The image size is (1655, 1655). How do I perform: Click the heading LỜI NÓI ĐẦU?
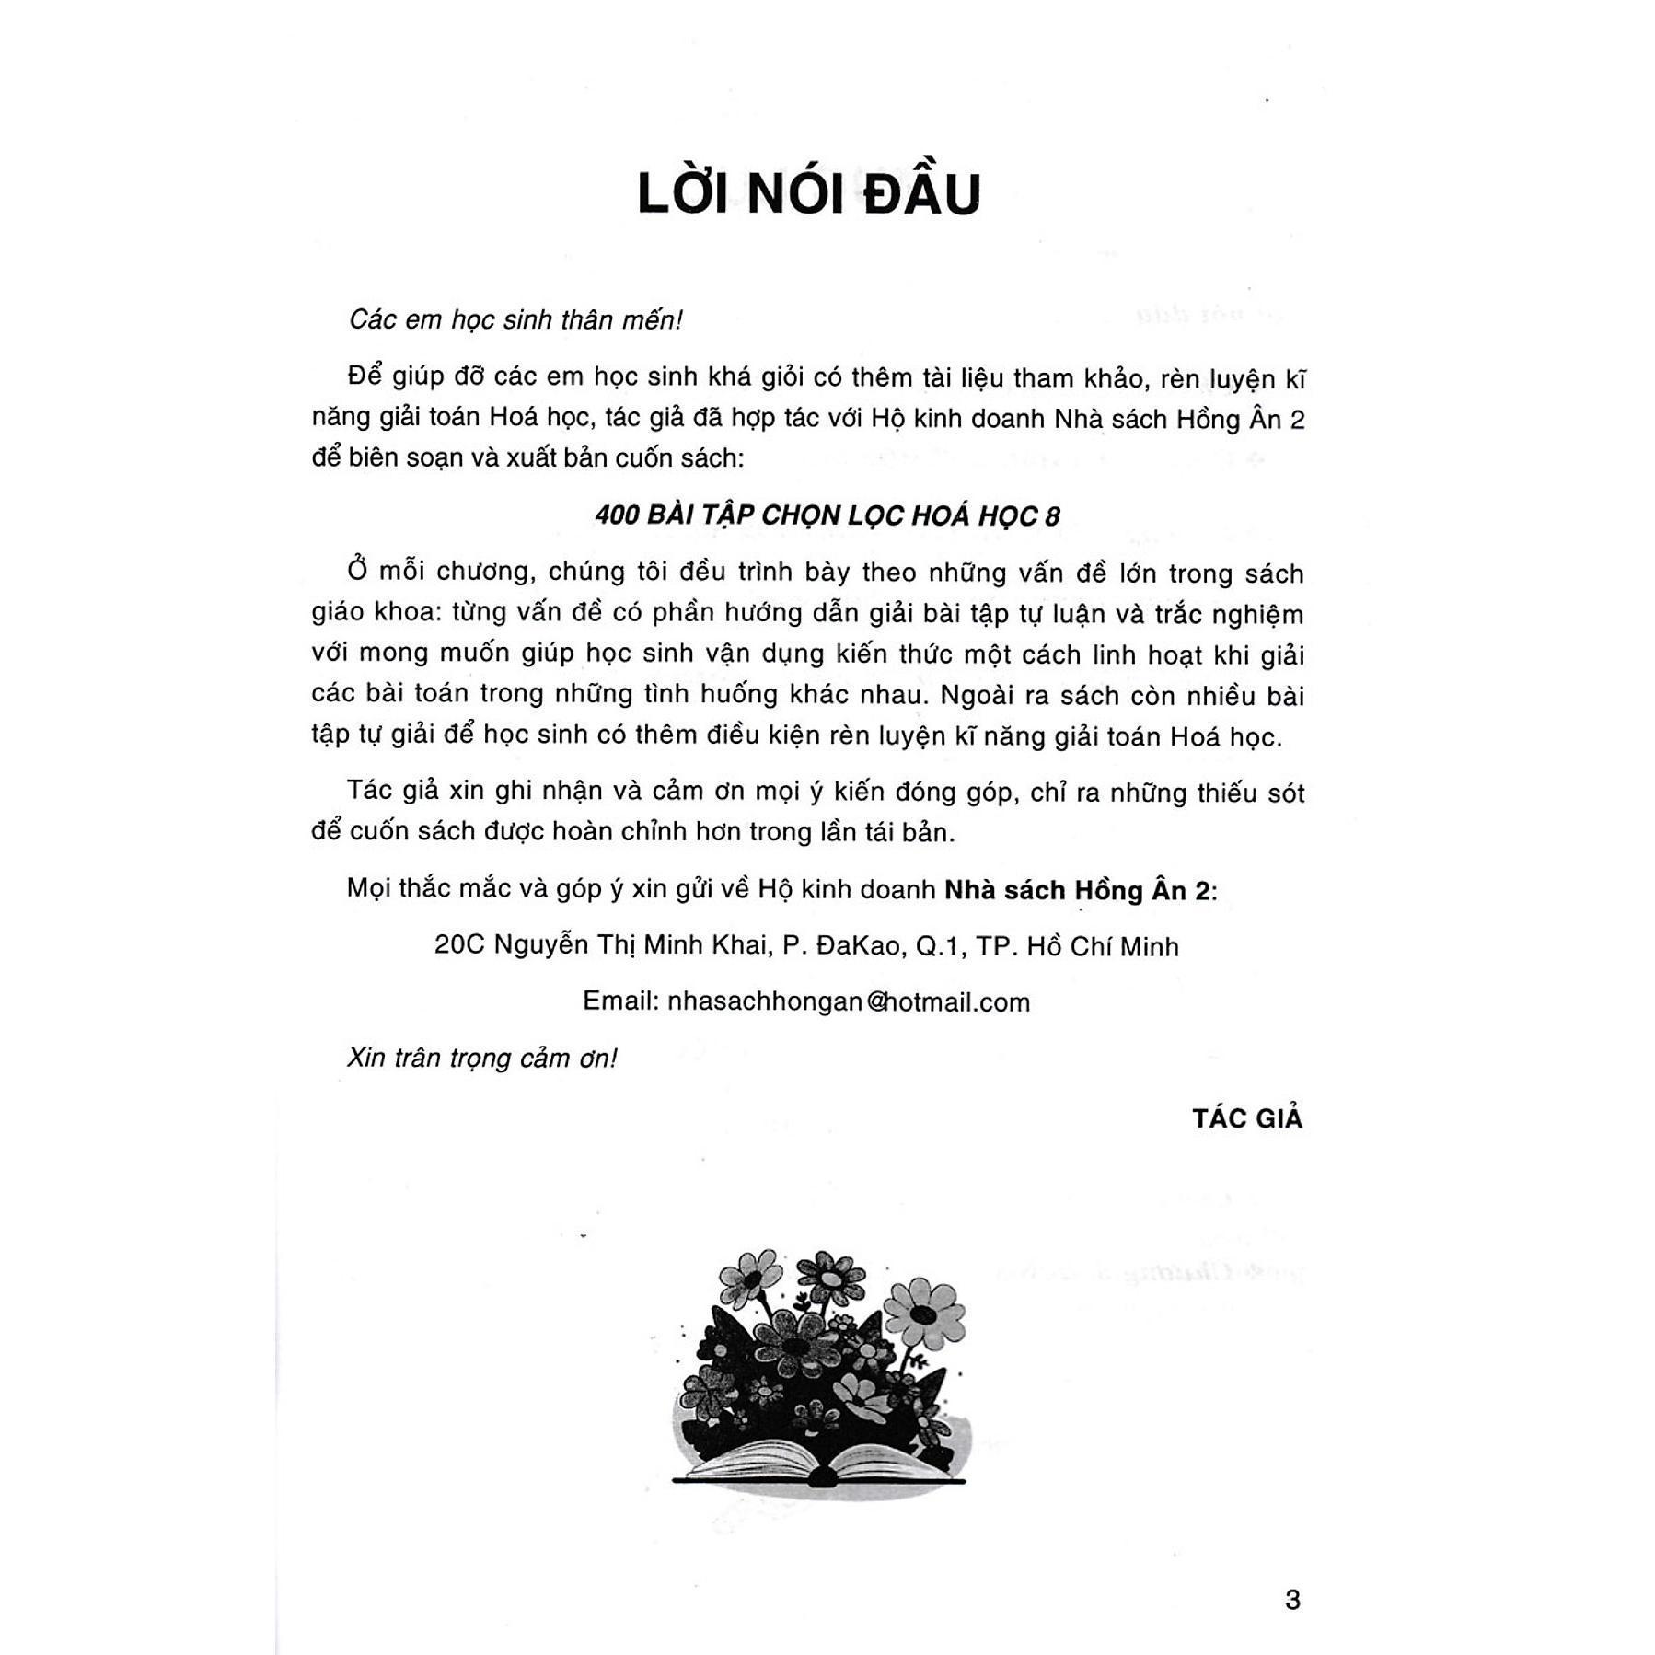click(x=809, y=194)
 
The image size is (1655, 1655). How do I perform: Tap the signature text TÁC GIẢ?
click(x=1247, y=1118)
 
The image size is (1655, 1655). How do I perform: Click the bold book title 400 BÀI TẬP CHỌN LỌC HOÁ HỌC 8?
click(x=827, y=515)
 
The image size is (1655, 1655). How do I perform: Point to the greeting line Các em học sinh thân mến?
click(x=515, y=319)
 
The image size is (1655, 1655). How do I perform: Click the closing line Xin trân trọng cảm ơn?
click(x=481, y=1058)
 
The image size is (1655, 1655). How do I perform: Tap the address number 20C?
click(x=458, y=945)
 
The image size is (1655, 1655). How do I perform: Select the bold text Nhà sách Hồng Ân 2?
click(x=1077, y=890)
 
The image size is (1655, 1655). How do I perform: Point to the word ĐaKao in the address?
click(x=856, y=945)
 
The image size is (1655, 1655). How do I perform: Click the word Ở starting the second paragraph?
click(x=357, y=572)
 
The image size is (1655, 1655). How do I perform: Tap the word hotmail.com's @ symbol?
click(x=868, y=1002)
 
